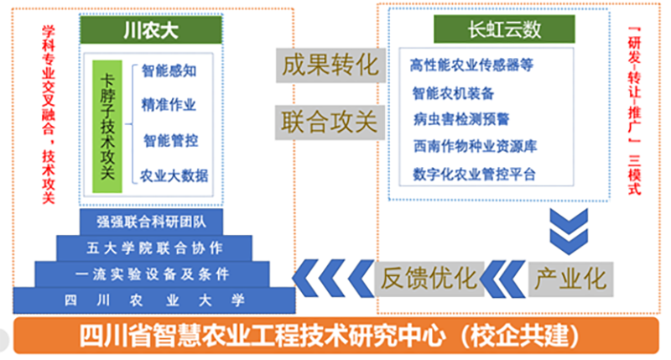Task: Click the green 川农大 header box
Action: click(151, 29)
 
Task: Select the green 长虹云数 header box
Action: click(504, 29)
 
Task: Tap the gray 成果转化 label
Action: click(330, 65)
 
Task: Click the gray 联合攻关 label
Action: click(330, 123)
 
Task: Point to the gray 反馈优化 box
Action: click(429, 279)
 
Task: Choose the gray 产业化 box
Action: click(570, 279)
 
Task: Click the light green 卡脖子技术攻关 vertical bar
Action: click(107, 127)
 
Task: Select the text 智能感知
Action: click(169, 70)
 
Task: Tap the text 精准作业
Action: click(169, 105)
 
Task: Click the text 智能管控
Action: click(171, 140)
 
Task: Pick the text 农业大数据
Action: click(174, 176)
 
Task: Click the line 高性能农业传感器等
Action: click(471, 65)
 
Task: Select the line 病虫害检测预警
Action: click(460, 119)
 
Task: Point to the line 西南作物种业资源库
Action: click(475, 146)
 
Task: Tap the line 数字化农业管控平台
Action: click(474, 175)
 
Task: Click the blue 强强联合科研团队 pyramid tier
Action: click(151, 222)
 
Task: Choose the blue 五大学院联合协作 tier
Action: click(154, 248)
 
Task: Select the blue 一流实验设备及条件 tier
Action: click(152, 274)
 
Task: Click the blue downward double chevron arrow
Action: click(569, 231)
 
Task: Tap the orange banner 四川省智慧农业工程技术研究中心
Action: click(336, 336)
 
